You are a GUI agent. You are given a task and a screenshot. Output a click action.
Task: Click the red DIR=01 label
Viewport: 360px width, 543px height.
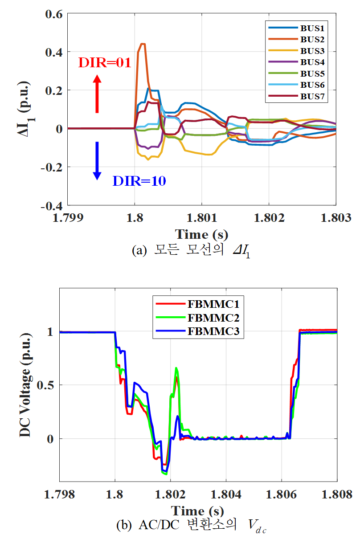pyautogui.click(x=105, y=63)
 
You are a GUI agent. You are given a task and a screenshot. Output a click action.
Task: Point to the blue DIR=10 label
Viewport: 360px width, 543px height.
pyautogui.click(x=139, y=181)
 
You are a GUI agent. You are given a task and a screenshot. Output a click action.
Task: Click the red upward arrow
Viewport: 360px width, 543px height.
pyautogui.click(x=97, y=94)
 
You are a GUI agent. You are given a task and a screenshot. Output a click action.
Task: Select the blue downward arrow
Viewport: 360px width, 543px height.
pyautogui.click(x=97, y=161)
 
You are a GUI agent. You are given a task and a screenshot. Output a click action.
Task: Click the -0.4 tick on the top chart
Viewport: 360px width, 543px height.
pyautogui.click(x=51, y=205)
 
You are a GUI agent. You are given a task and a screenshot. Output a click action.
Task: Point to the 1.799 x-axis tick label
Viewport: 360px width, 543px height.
pyautogui.click(x=68, y=218)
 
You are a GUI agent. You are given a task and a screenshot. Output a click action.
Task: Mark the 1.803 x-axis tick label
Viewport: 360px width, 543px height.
pyautogui.click(x=335, y=218)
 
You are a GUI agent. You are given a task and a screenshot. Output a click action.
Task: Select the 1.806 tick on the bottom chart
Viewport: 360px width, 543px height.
pyautogui.click(x=281, y=495)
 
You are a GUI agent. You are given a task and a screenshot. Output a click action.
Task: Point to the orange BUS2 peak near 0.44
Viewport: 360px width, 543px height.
pyautogui.click(x=142, y=44)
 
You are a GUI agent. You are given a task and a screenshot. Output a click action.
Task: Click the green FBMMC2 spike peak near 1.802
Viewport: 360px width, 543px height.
pyautogui.click(x=176, y=368)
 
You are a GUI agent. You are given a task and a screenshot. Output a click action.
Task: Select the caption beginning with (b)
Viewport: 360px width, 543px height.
pyautogui.click(x=192, y=526)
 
